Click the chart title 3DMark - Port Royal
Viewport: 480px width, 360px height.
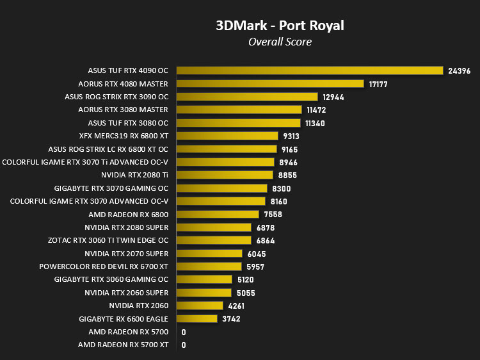click(280, 26)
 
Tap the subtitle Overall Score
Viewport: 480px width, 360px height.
click(280, 42)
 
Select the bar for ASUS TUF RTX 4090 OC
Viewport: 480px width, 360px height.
click(310, 70)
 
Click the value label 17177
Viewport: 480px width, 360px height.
click(378, 85)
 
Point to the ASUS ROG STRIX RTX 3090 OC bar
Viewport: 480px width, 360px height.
click(247, 97)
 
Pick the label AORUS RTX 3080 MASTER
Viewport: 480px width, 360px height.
click(123, 110)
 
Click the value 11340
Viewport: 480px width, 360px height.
click(315, 124)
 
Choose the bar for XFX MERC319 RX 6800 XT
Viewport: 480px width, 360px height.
click(227, 136)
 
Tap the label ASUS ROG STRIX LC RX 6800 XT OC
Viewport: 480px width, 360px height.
click(108, 149)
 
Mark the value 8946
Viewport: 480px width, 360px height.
click(288, 162)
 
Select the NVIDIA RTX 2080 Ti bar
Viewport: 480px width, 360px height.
click(225, 175)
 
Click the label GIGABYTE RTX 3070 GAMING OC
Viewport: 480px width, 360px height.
click(111, 188)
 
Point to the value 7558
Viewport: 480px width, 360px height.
click(273, 215)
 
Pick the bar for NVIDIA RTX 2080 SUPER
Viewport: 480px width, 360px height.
click(214, 227)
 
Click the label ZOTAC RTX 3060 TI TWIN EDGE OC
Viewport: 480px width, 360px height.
click(108, 240)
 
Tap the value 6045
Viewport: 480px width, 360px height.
click(257, 254)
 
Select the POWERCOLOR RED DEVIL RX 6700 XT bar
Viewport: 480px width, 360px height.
click(209, 266)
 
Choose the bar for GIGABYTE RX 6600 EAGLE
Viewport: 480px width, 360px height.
click(197, 318)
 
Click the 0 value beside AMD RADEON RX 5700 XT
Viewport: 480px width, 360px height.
click(184, 345)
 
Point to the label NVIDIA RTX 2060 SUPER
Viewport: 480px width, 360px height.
click(127, 293)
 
